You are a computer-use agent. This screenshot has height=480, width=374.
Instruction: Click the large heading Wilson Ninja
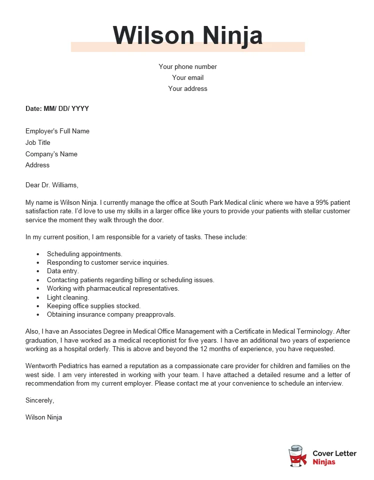(x=187, y=35)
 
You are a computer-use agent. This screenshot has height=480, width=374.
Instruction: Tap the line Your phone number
(x=187, y=66)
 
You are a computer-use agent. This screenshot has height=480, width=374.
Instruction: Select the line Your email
(x=187, y=77)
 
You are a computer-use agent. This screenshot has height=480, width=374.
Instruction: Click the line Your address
(x=187, y=88)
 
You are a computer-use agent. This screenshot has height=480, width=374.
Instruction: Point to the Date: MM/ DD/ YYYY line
(x=57, y=108)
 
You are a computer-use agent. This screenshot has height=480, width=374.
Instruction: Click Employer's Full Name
(x=57, y=131)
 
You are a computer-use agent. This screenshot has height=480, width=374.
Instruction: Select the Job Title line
(x=38, y=142)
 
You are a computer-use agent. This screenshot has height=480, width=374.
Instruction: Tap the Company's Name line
(x=51, y=154)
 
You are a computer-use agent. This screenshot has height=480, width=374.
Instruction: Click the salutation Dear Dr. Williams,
(x=52, y=185)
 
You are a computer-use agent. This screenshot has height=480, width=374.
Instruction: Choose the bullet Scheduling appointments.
(x=84, y=254)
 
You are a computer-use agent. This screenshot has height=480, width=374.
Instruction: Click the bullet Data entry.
(x=63, y=271)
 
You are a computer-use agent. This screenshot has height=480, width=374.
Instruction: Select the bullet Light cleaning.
(x=68, y=297)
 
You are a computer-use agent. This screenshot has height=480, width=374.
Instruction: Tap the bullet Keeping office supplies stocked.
(x=94, y=306)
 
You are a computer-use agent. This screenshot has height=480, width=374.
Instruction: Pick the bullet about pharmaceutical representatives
(x=113, y=288)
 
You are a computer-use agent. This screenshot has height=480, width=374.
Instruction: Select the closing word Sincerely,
(x=39, y=400)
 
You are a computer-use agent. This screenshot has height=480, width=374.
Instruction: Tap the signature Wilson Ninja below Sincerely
(x=43, y=417)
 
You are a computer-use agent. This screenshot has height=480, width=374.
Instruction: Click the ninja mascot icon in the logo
(x=297, y=456)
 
